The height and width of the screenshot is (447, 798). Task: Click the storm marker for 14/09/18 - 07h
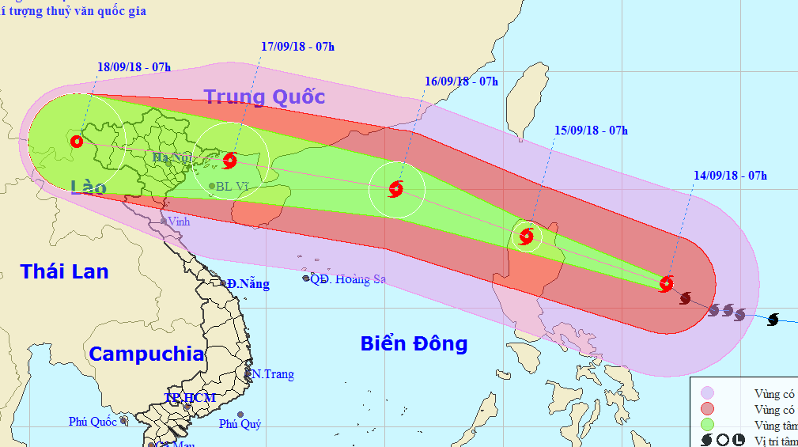pos(667,283)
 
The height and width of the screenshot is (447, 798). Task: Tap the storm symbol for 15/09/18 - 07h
pos(527,236)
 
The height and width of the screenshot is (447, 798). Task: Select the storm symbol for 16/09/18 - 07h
pos(396,189)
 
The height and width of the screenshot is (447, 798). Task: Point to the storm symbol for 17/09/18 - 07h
pos(229,161)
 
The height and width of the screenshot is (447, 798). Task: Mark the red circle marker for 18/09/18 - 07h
pos(76,142)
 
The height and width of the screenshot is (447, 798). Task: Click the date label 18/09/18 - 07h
pos(134,67)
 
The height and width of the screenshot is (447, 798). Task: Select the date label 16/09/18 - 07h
pos(461,81)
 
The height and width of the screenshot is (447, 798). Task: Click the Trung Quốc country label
pos(264,97)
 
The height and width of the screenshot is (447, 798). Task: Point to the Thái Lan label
pos(64,271)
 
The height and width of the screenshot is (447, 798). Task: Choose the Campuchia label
pos(146,354)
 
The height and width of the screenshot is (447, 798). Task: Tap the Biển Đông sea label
pos(414,343)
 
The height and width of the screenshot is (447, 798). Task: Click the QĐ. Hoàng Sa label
pos(347,278)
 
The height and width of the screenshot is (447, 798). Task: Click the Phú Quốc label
pos(93,421)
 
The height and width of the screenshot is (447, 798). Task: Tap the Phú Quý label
pos(240,424)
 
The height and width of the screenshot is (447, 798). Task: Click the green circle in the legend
pos(707,425)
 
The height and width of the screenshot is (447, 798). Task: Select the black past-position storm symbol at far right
pos(773,319)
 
